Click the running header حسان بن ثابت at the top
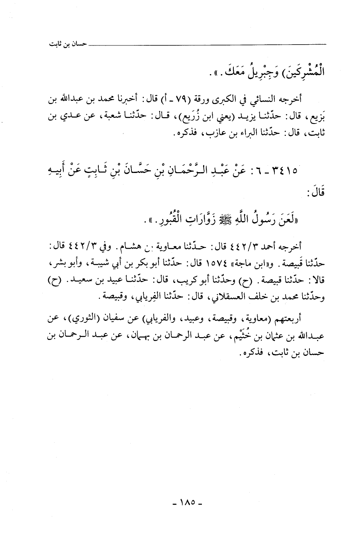point(65,44)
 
